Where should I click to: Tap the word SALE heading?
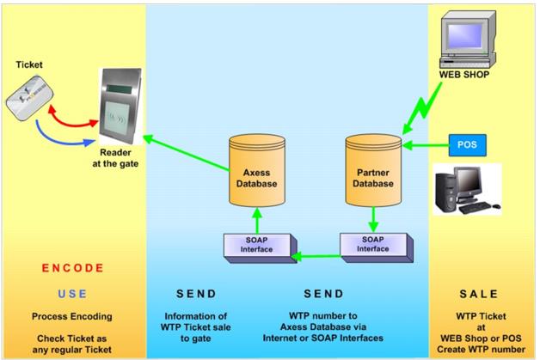pyautogui.click(x=482, y=293)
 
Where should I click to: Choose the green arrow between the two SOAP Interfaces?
pyautogui.click(x=316, y=255)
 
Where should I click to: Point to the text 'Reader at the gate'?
pyautogui.click(x=120, y=156)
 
